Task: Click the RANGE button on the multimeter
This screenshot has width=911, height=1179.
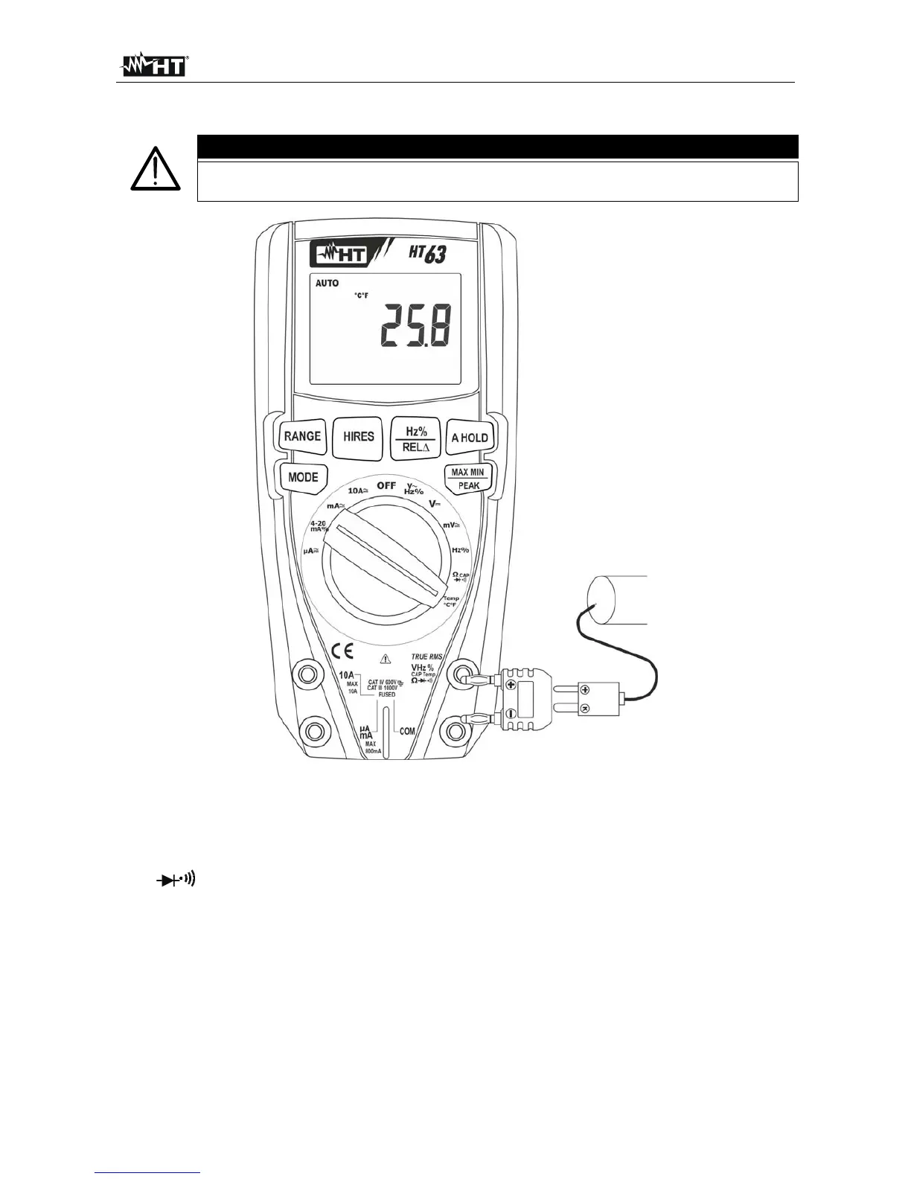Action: [302, 437]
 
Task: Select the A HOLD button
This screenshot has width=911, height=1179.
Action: [470, 438]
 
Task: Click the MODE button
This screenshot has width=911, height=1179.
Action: [303, 477]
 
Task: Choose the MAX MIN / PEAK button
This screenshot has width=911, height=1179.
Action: [467, 479]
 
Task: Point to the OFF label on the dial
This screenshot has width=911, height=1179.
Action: [386, 485]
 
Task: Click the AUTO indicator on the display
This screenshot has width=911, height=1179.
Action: [327, 284]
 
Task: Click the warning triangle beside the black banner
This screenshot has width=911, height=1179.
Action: [153, 170]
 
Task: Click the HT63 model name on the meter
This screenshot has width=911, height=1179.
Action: [427, 254]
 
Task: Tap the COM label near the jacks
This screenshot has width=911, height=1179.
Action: [407, 732]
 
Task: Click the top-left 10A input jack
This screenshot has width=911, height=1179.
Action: [306, 674]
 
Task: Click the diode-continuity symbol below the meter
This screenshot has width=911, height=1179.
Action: [176, 880]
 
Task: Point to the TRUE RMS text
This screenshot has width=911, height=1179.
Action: [426, 656]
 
